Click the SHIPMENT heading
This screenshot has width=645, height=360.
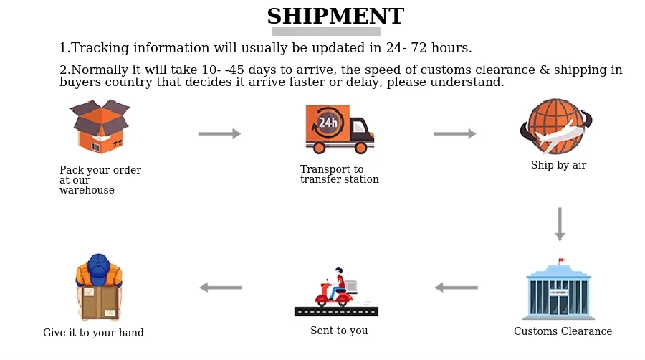(x=335, y=16)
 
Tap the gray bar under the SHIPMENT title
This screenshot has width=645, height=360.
(x=326, y=32)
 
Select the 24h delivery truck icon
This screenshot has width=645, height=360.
(x=339, y=129)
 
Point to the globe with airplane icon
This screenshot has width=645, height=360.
(x=556, y=127)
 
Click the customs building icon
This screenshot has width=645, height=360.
(x=558, y=290)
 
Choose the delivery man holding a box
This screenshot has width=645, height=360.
(x=99, y=287)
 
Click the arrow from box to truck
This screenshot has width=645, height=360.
(x=219, y=133)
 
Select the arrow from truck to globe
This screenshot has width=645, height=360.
(x=454, y=133)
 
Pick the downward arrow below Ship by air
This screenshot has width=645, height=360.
(x=560, y=224)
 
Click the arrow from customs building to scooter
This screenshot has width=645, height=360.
(x=456, y=288)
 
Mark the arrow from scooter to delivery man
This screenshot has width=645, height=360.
(x=220, y=288)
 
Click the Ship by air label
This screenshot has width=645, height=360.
(x=558, y=165)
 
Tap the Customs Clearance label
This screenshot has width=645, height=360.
(x=563, y=331)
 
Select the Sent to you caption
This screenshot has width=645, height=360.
(x=339, y=331)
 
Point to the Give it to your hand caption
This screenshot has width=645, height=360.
(x=93, y=333)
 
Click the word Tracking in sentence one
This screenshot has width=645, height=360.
(x=100, y=49)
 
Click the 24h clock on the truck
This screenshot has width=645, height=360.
(x=328, y=122)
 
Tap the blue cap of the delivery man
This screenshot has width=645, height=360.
(x=98, y=263)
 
